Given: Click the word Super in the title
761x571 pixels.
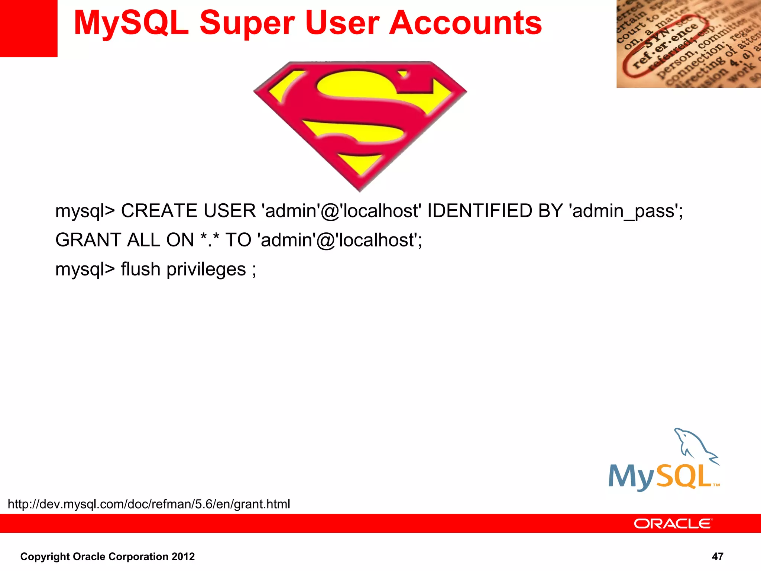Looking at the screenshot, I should pos(247,23).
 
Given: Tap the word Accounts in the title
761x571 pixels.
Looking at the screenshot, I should pos(465,23).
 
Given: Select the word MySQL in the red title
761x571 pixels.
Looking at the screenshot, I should pos(131,23).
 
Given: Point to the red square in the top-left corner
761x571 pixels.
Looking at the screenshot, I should pos(28,28).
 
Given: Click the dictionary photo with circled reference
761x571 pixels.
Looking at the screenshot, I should pos(688,44).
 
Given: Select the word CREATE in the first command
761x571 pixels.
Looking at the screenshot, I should pos(159,211).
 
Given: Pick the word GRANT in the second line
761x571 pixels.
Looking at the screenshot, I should pos(88,240).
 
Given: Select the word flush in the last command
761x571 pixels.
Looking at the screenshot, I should pos(140,269).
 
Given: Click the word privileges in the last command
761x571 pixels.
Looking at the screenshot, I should pos(206,270).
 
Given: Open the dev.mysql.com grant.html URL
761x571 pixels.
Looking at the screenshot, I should pos(149,504).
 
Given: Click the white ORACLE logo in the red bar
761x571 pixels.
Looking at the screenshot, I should pos(673,523).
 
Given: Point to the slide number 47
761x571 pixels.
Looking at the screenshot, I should pos(717,556).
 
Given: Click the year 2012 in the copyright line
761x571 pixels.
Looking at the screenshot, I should pos(183,557).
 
